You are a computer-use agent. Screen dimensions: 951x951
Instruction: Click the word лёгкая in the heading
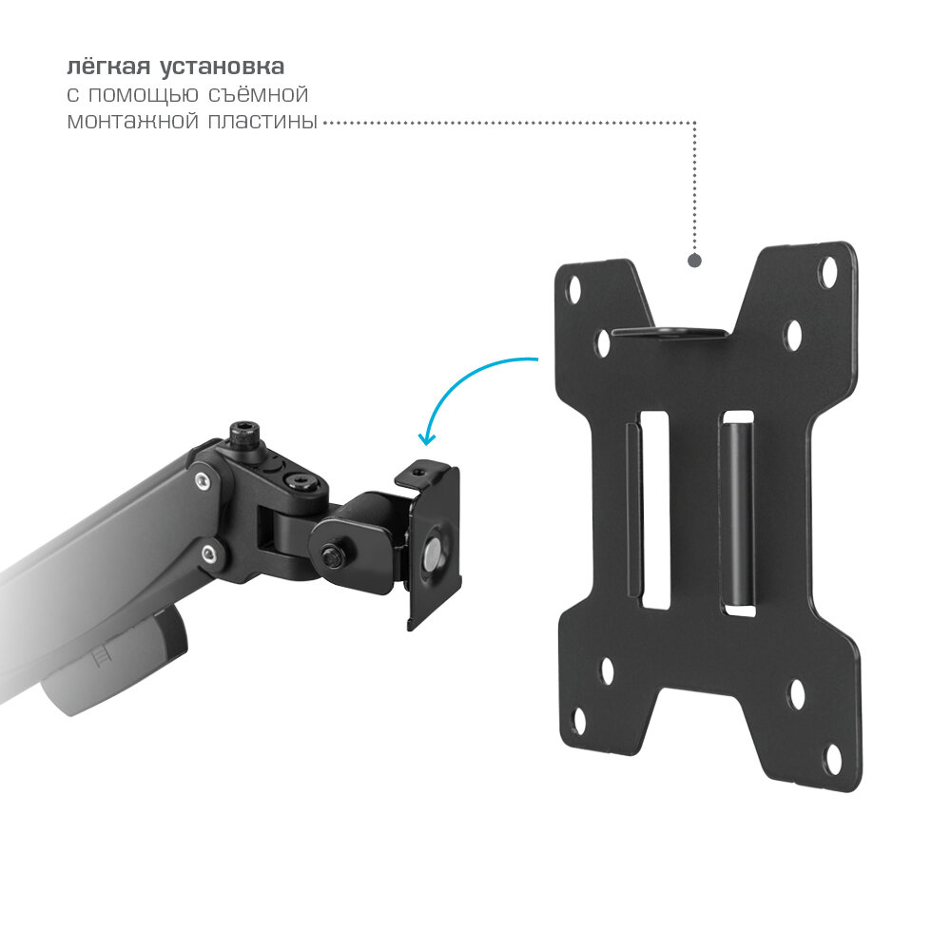(108, 67)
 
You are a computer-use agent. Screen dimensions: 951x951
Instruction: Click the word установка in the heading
(222, 67)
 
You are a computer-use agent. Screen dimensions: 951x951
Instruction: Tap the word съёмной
(259, 94)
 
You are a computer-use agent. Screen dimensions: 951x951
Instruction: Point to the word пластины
(262, 122)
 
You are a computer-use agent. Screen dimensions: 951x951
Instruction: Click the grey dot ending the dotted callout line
(694, 261)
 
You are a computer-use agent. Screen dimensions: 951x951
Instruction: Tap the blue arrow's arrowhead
(426, 438)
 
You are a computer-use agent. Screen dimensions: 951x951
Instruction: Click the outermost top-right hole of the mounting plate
(828, 271)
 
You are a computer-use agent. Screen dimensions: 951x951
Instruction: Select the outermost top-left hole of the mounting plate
(573, 289)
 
